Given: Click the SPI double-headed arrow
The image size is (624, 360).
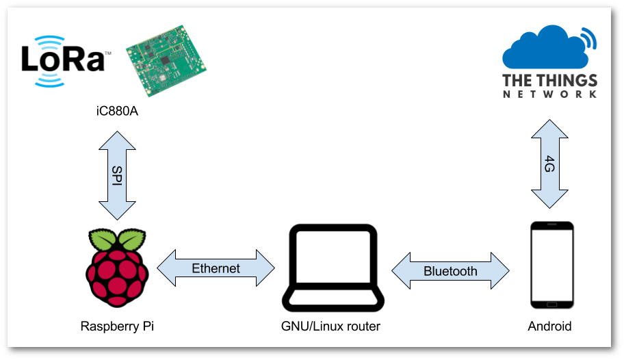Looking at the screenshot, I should (x=117, y=176).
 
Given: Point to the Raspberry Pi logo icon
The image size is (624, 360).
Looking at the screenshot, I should (x=118, y=268).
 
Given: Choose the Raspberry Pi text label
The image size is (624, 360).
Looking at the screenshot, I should (x=117, y=326).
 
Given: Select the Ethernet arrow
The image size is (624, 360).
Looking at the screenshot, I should (x=216, y=268).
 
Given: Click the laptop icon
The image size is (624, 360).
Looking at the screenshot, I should (x=333, y=268).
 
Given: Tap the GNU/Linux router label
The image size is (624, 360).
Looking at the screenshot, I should (x=331, y=326).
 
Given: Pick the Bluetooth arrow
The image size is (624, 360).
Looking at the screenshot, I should (x=450, y=271).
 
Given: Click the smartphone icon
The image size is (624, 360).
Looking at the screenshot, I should (x=551, y=265).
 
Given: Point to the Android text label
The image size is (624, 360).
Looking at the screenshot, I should (x=549, y=326).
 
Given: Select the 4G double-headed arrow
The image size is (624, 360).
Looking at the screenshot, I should (x=550, y=164).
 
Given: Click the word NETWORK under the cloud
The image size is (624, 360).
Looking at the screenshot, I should (x=550, y=94).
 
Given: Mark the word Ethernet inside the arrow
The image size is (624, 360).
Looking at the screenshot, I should (x=216, y=268).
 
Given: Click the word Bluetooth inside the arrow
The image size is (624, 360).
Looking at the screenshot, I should (x=450, y=271).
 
